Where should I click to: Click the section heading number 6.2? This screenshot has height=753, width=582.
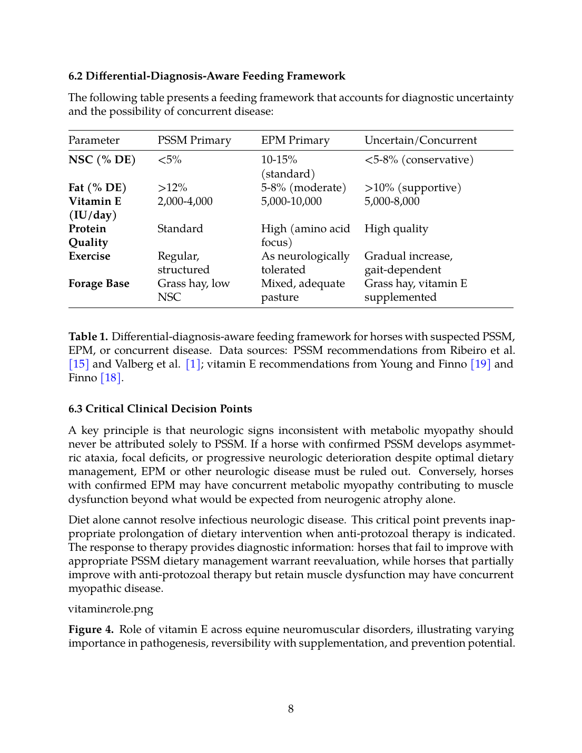coord(76,76)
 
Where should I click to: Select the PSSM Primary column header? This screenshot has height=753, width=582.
coord(194,141)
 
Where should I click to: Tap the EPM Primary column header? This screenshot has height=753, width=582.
coord(295,141)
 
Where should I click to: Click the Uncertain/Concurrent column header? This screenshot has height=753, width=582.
coord(420,141)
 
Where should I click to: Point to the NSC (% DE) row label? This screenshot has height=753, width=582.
coord(102,160)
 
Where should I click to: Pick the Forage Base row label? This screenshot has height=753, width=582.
coord(98,284)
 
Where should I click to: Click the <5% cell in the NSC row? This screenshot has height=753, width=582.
coord(169,160)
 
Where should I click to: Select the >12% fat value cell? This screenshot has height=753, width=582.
coord(172,188)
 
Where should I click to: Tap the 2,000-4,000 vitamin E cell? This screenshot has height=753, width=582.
coord(185,202)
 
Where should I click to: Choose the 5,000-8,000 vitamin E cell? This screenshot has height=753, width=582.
coord(392,202)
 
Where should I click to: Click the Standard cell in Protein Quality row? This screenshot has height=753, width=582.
coord(180,229)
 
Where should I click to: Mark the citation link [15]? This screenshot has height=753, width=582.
coord(79,364)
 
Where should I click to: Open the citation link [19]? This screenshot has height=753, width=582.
coord(480,364)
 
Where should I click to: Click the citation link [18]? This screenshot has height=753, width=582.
coord(111,378)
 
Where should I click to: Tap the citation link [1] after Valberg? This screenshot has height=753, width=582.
coord(193,364)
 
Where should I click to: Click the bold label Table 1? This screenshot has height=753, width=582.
coord(88,337)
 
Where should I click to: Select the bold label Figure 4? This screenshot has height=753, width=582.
coord(91,630)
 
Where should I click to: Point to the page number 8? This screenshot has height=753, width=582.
coord(291,709)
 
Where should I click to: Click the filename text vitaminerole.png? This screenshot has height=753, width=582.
coord(111,609)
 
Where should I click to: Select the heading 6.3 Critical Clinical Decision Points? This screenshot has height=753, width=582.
coord(160,409)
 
